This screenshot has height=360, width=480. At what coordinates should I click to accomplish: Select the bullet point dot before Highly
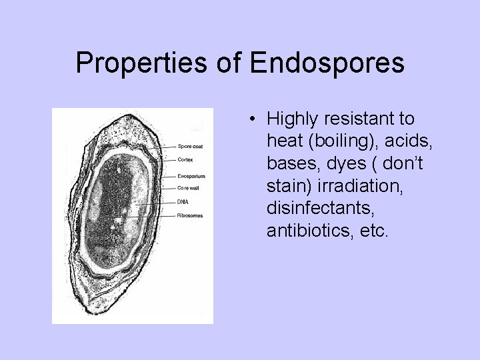tap(255, 120)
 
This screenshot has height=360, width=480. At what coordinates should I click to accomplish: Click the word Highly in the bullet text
tap(290, 119)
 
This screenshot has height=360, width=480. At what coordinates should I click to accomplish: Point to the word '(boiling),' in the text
tap(333, 141)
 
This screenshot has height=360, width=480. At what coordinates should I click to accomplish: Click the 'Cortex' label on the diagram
tap(186, 159)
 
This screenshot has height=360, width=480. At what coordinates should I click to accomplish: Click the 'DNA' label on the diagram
tap(183, 202)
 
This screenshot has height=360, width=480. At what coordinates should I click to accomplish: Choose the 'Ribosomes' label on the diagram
tap(190, 215)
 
